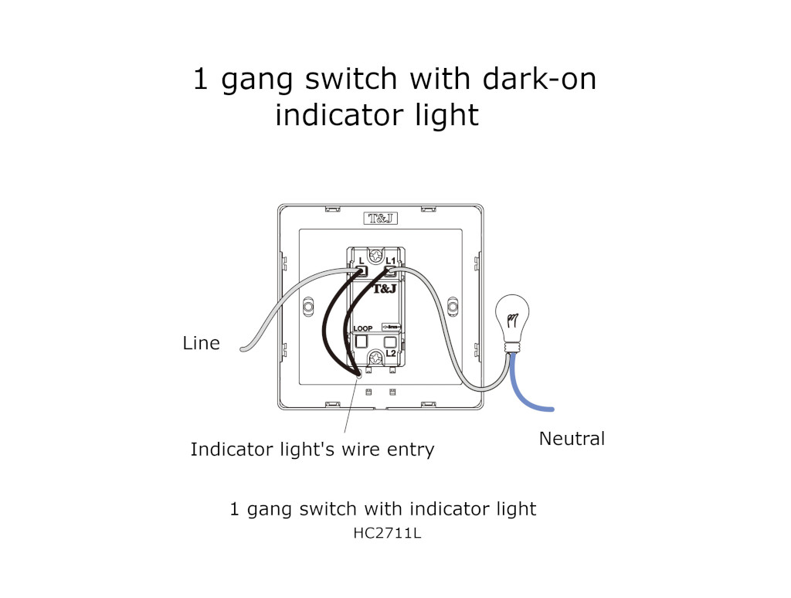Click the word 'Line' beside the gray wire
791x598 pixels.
coord(201,343)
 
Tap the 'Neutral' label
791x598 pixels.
coord(572,439)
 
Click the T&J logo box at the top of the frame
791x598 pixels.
coord(380,219)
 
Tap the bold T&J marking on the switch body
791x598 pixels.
coord(385,289)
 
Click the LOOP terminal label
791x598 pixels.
coord(362,329)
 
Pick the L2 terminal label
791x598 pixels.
coord(391,352)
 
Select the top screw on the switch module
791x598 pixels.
coord(377,255)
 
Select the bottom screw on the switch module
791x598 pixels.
coord(377,358)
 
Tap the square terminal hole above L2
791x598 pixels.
coord(392,340)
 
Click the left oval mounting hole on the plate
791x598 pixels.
coord(308,307)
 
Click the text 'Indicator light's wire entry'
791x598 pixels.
coord(312,449)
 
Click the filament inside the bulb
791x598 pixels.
coord(511,318)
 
